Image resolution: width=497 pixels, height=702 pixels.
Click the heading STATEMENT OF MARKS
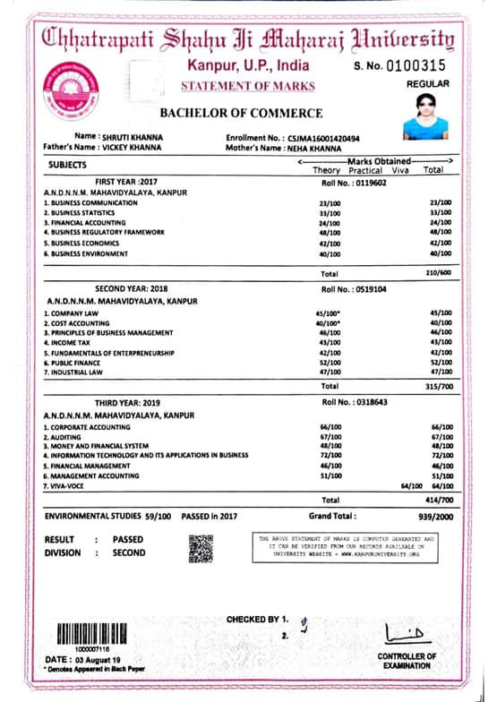pyautogui.click(x=248, y=86)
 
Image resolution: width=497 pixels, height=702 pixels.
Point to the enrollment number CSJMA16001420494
pyautogui.click(x=323, y=138)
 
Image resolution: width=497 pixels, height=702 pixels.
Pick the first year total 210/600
pyautogui.click(x=435, y=272)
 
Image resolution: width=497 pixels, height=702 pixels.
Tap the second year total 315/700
pyautogui.click(x=435, y=386)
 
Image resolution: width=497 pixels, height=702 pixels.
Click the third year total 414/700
pyautogui.click(x=435, y=499)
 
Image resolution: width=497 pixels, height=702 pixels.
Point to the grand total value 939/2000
pyautogui.click(x=433, y=517)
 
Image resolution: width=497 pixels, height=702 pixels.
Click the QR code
pyautogui.click(x=201, y=548)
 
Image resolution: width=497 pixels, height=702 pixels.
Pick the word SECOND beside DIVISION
pyautogui.click(x=129, y=553)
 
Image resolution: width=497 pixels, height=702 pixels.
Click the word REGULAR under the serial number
pyautogui.click(x=428, y=84)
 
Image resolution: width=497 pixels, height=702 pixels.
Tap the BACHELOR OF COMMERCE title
pyautogui.click(x=241, y=114)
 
